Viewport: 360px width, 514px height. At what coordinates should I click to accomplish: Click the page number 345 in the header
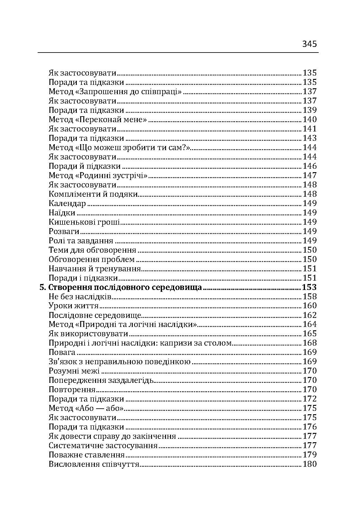[x=309, y=44]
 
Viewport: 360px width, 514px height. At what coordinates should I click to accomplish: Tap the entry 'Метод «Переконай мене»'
[x=98, y=119]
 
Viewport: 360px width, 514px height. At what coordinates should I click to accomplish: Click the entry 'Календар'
[x=67, y=203]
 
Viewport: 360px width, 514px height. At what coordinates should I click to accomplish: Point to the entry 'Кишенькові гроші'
[x=85, y=222]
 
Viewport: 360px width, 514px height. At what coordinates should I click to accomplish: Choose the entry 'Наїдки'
[x=62, y=213]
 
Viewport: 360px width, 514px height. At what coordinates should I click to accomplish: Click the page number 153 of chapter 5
[x=309, y=287]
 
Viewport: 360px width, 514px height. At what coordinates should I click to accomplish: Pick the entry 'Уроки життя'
[x=74, y=306]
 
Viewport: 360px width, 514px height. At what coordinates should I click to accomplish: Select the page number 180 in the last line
[x=309, y=464]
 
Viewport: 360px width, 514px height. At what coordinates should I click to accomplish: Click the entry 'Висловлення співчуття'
[x=94, y=464]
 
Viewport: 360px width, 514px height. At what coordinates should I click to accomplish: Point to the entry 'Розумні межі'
[x=74, y=371]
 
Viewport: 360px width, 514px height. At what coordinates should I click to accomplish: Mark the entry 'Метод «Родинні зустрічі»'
[x=98, y=175]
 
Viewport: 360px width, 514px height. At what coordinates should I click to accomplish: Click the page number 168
[x=309, y=343]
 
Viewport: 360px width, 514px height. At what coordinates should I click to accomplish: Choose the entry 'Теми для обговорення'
[x=92, y=250]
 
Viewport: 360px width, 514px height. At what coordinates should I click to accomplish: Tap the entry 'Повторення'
[x=72, y=389]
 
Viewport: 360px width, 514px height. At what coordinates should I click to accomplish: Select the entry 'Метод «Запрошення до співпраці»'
[x=115, y=91]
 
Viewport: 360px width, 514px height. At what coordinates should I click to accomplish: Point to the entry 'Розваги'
[x=64, y=231]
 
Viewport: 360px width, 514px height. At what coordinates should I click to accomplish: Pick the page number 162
[x=309, y=315]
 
